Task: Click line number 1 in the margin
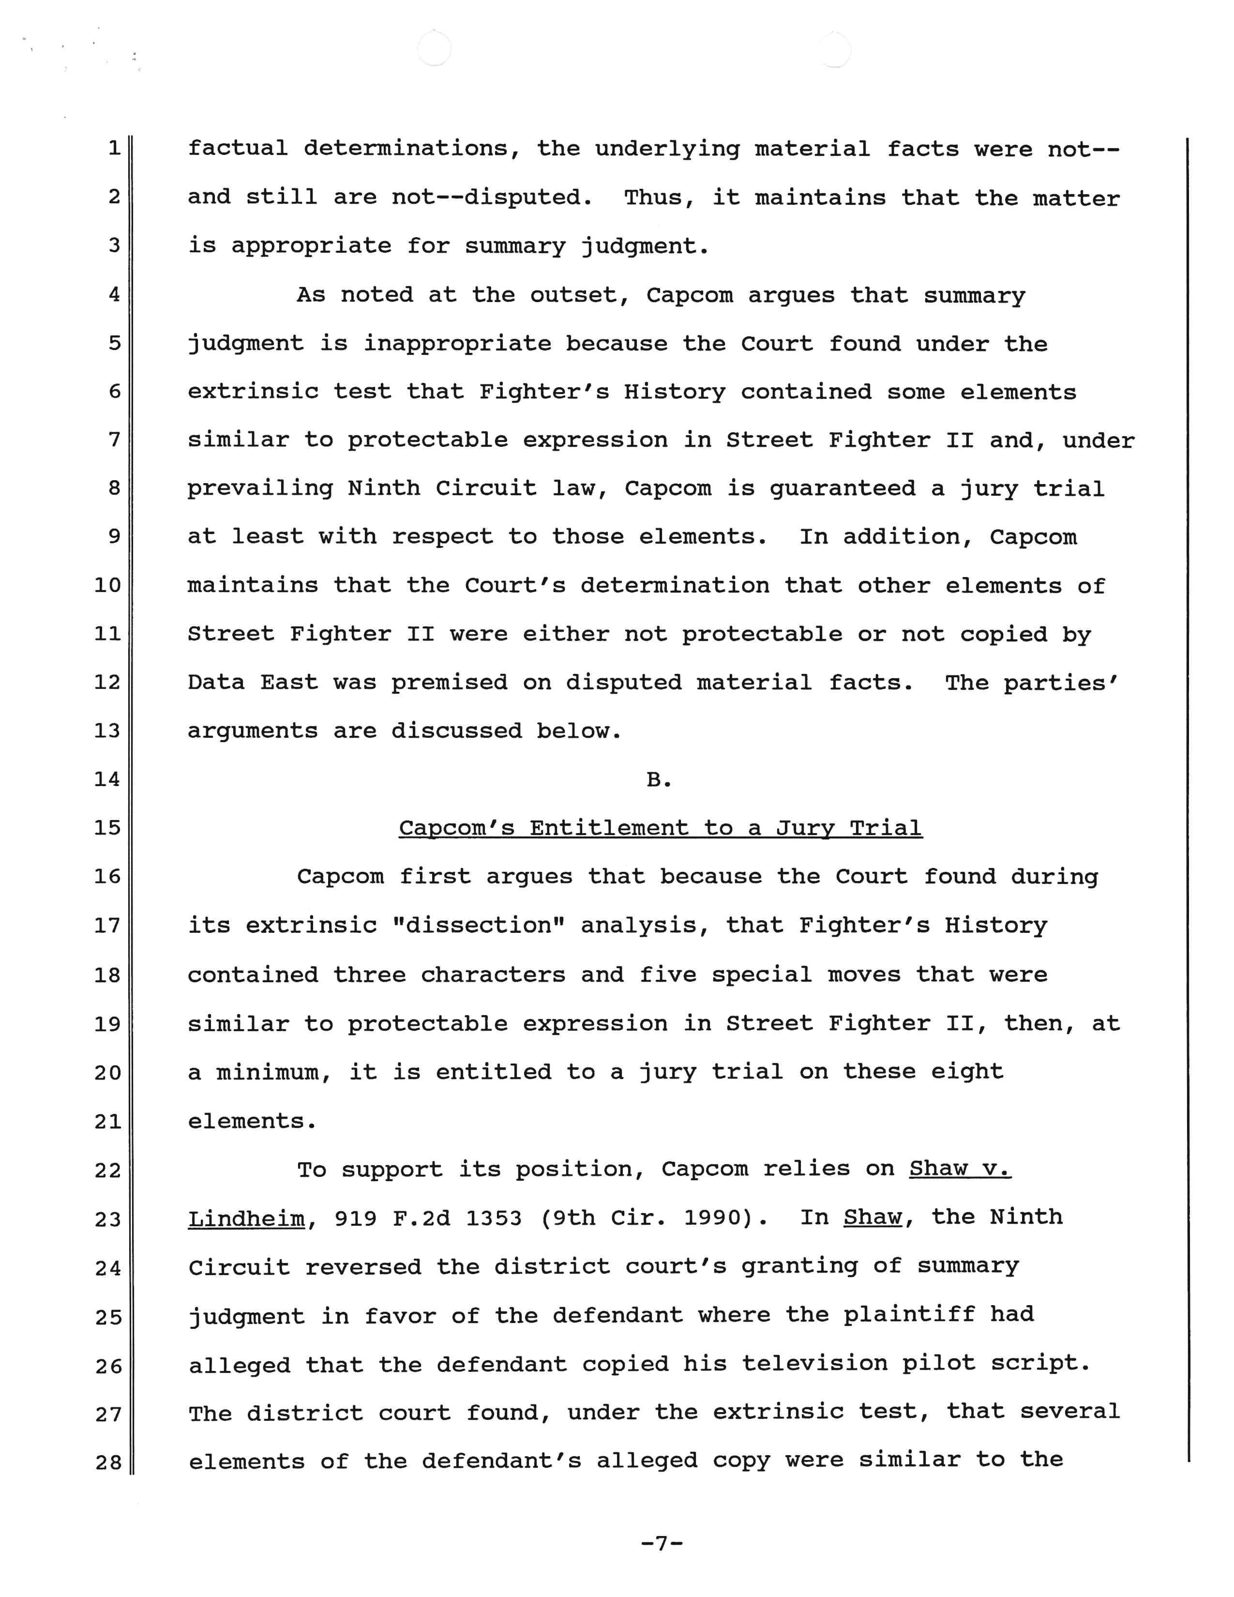click(x=114, y=148)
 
